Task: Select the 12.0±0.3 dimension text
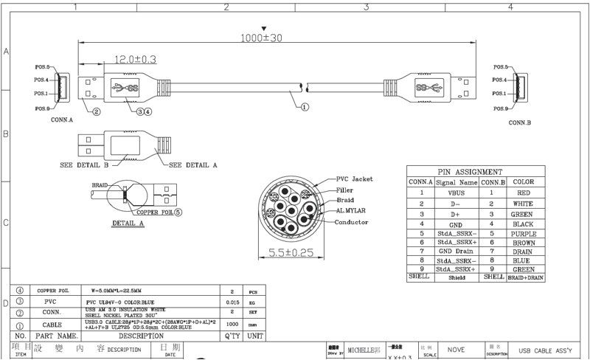click(x=135, y=60)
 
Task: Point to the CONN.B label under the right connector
click(x=520, y=122)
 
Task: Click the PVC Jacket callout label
click(x=355, y=179)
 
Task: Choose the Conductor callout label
click(x=353, y=221)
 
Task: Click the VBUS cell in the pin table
click(x=456, y=193)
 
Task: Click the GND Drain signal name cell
click(x=456, y=252)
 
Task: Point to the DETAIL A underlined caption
click(x=128, y=222)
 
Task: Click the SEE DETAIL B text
click(x=85, y=165)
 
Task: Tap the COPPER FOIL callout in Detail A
click(x=158, y=211)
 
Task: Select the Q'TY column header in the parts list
click(x=232, y=336)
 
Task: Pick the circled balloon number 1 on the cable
click(x=304, y=106)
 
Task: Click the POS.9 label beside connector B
click(x=501, y=108)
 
